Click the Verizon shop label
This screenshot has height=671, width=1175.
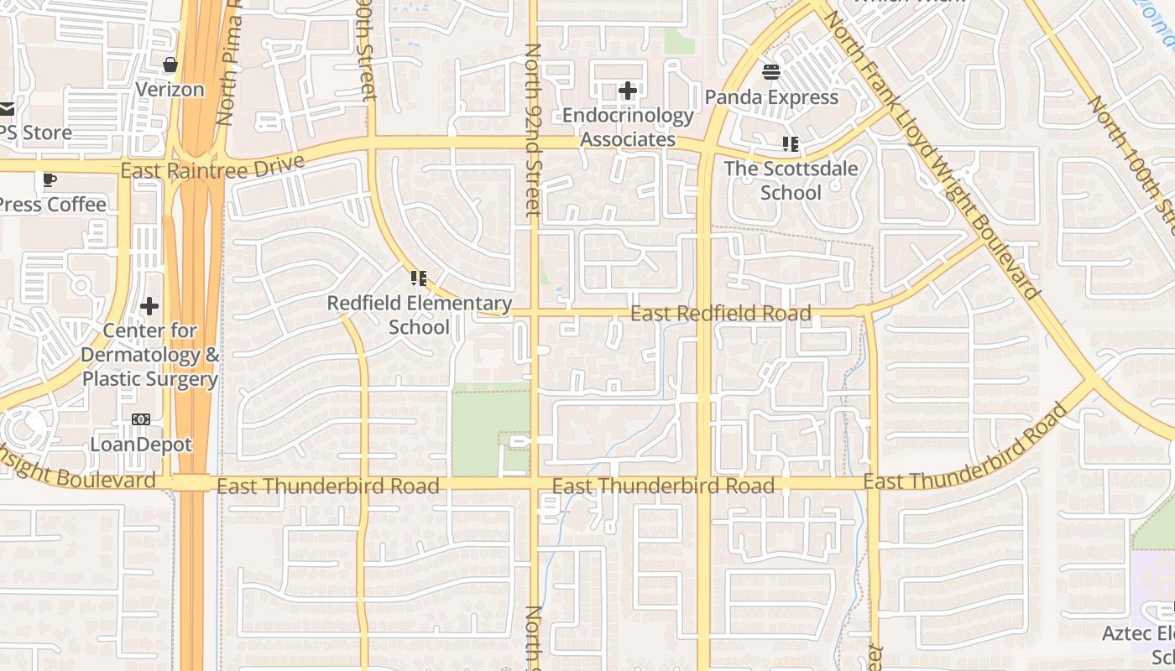coord(170,89)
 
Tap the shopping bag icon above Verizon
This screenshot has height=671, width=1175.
coord(170,65)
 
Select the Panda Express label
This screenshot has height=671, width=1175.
coord(771,97)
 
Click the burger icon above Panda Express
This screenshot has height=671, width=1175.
coord(771,71)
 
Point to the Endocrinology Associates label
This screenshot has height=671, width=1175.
coord(628,127)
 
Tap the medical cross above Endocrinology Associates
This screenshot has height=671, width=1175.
coord(628,90)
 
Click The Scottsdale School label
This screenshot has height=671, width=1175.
coord(791,180)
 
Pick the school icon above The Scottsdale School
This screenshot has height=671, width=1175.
coord(791,144)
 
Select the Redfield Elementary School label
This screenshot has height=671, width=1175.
coord(419,315)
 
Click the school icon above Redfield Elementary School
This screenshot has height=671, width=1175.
coord(419,278)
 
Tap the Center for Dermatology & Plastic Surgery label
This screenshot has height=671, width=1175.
coord(149,355)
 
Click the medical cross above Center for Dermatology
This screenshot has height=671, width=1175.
coord(149,306)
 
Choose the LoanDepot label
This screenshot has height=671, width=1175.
coord(141,445)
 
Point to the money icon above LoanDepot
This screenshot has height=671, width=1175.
coord(141,419)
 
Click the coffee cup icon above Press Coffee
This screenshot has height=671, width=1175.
coord(50,179)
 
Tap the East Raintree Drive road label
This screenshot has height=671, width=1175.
coord(211,168)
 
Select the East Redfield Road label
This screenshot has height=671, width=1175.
coord(720,314)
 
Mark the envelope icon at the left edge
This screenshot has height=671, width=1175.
coord(7,108)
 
